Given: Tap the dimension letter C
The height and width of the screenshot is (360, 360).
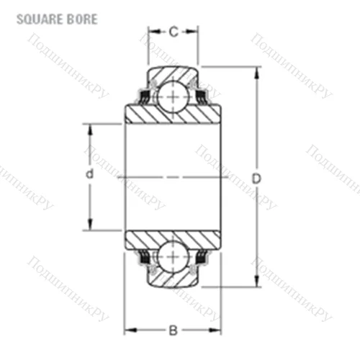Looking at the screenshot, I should coord(173,31).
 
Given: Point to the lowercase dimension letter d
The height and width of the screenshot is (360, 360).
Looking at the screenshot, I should coord(89,176).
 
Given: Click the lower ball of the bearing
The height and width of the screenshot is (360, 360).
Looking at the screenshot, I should coord(173,258).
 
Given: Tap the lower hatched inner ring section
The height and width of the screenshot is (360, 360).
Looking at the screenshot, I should coord(173,240).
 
